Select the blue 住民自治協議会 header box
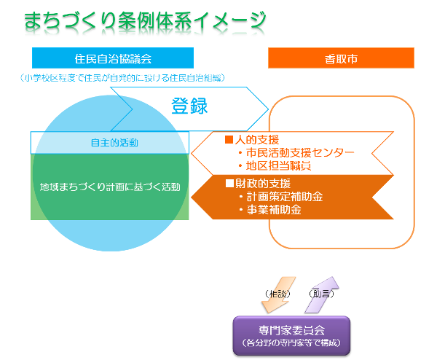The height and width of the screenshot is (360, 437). coord(113,58)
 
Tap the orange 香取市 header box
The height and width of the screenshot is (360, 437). coord(341,58)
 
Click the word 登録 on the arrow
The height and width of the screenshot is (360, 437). coord(189,106)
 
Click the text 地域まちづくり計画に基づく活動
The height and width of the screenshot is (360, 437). coord(110,187)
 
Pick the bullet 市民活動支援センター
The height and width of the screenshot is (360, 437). coord(296,152)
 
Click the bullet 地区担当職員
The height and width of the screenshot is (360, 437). coord(274,165)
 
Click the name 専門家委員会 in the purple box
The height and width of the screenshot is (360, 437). coord(291,330)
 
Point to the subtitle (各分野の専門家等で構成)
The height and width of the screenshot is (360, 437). coord(291,342)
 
